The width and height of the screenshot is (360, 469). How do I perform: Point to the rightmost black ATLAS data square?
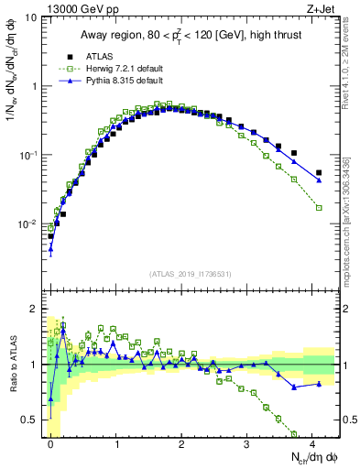pos(319,172)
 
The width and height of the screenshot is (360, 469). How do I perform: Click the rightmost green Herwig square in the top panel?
pos(319,208)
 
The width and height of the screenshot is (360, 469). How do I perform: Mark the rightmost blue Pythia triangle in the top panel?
pos(319,180)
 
